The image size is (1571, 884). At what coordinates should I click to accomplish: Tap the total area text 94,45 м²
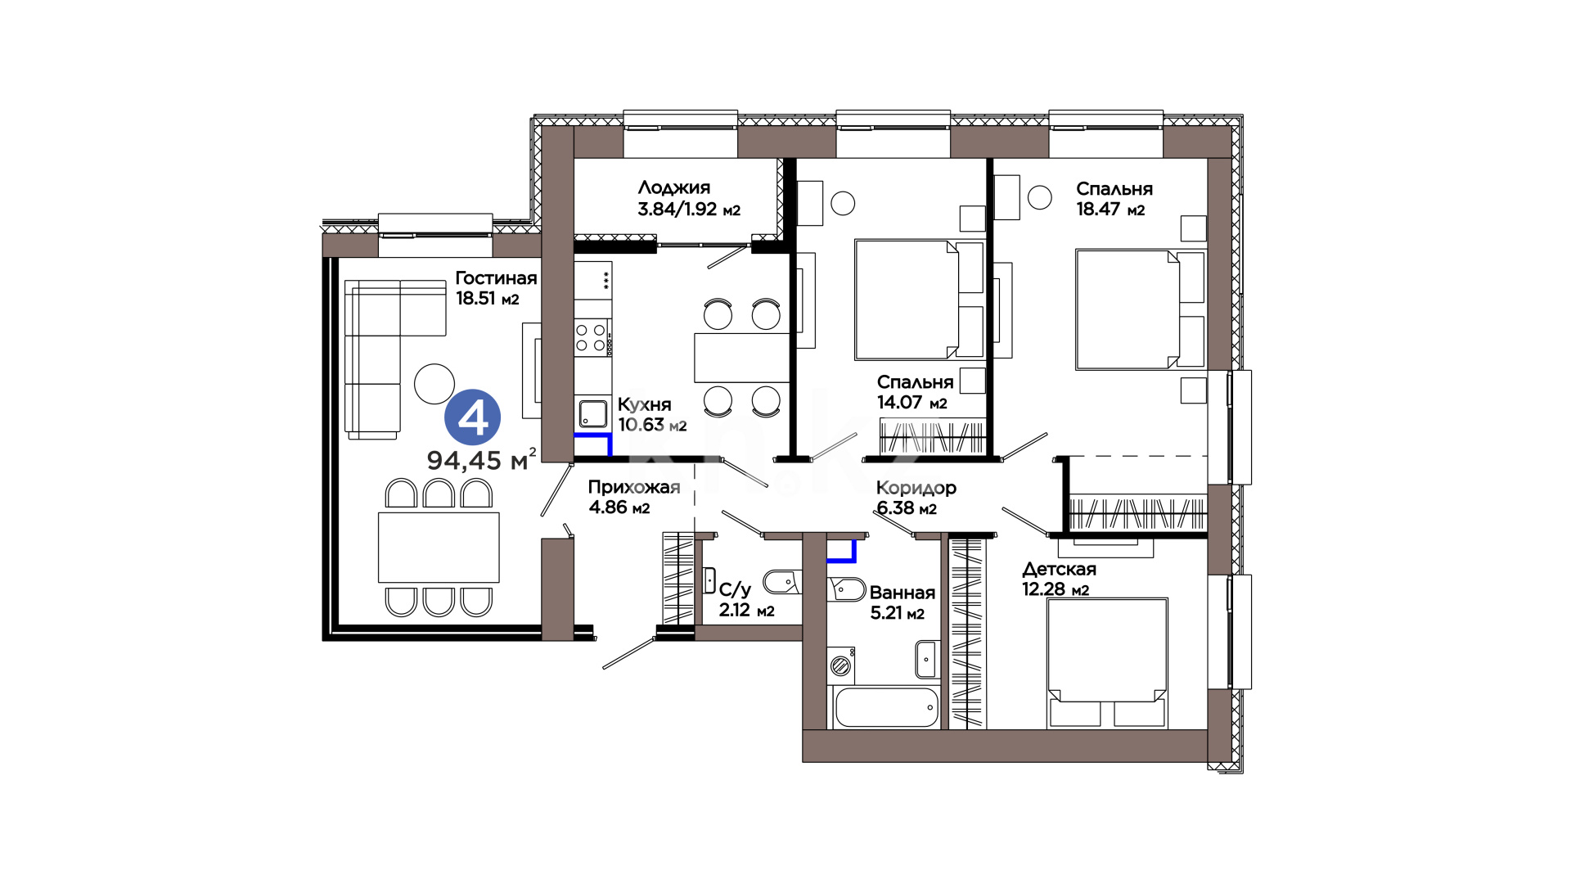482,459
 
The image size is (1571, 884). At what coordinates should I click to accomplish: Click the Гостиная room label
496,278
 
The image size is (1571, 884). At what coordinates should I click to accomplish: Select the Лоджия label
674,188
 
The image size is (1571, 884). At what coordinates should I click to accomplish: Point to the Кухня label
645,404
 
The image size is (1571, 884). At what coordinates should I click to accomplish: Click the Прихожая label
634,488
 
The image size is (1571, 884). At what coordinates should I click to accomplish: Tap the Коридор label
916,489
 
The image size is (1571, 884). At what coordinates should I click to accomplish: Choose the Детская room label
1059,569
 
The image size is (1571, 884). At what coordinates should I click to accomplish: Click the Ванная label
903,593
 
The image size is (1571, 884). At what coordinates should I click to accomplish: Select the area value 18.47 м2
1110,210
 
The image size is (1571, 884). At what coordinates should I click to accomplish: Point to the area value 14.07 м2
912,403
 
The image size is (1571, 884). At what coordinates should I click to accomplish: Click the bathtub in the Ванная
886,707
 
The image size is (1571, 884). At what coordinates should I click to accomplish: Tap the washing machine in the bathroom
841,665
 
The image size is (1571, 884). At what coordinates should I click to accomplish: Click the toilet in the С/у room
781,582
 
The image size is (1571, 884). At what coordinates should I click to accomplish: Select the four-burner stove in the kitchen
592,338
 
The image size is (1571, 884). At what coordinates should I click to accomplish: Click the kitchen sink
593,413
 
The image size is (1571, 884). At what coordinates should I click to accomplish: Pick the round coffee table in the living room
434,383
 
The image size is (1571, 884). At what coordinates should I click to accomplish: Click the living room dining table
439,548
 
